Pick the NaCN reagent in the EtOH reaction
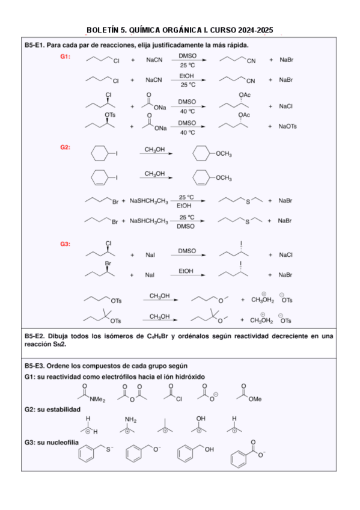coord(153,79)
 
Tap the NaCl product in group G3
coord(285,255)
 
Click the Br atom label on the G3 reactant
coord(109,263)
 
